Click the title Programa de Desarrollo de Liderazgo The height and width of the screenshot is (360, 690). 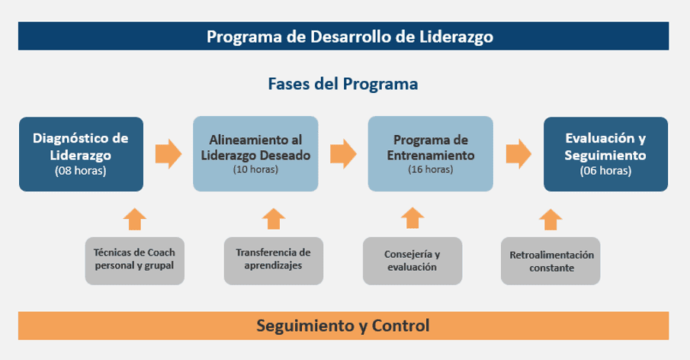[350, 36]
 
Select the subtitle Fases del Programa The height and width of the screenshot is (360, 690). [342, 84]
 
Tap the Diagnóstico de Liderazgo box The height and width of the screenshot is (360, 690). [81, 153]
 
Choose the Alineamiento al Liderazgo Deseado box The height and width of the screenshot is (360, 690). [255, 153]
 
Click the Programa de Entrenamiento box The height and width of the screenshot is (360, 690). [430, 153]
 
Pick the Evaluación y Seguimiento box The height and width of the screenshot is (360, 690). [605, 153]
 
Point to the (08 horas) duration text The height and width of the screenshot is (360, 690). [81, 171]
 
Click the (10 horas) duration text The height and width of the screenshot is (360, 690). [255, 169]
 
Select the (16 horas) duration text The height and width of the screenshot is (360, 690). [430, 169]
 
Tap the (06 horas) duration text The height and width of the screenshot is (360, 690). [605, 171]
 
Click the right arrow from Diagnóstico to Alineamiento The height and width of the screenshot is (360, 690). [168, 153]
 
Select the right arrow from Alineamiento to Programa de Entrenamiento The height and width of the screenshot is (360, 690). [343, 153]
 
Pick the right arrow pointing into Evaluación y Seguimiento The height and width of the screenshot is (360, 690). [518, 153]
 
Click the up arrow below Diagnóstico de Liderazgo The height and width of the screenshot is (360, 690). [134, 218]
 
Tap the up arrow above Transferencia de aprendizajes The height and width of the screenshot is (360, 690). [273, 218]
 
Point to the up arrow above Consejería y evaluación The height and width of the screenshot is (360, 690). [412, 218]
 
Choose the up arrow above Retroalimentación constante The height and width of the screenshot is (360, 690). [550, 218]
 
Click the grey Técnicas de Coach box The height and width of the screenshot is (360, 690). [134, 260]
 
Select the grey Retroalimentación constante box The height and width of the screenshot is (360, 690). [550, 260]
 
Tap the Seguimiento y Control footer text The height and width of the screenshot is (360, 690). [342, 326]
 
